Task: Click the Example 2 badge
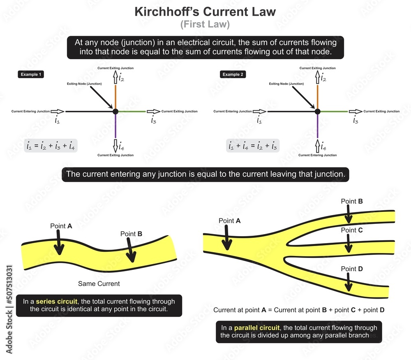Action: (x=233, y=74)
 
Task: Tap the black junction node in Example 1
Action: (x=115, y=111)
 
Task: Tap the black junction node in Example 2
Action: (x=317, y=111)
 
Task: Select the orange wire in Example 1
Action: (x=115, y=96)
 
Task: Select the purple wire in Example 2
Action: (x=317, y=125)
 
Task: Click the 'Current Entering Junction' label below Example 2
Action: (x=317, y=155)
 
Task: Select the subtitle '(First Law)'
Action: (x=205, y=24)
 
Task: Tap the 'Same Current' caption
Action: (x=99, y=283)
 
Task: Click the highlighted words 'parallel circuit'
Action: (x=257, y=328)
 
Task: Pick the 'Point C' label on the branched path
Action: (x=352, y=230)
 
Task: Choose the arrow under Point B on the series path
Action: (x=131, y=251)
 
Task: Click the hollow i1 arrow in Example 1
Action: (x=58, y=111)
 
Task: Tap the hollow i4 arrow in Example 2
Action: (x=317, y=145)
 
